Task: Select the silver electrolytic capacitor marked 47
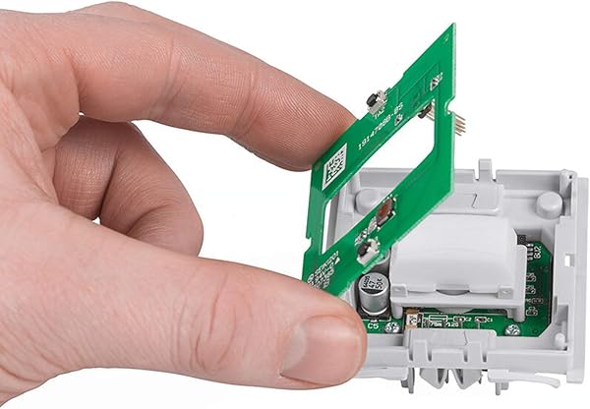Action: click(375, 293)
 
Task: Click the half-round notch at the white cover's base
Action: click(451, 292)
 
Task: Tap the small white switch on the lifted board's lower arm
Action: click(366, 254)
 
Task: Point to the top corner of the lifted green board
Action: click(451, 27)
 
